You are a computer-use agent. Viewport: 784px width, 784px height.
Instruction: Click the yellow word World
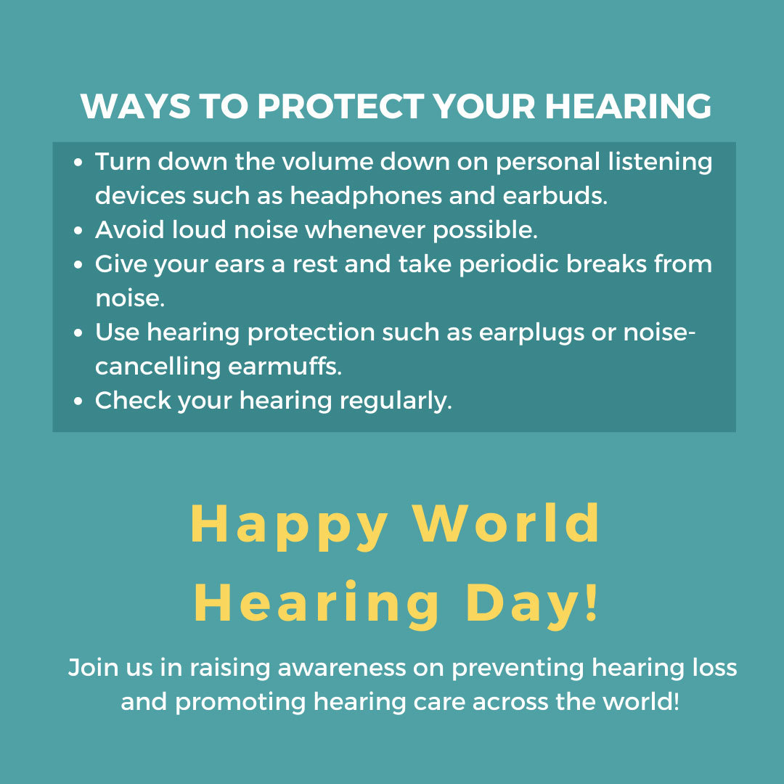coord(507,523)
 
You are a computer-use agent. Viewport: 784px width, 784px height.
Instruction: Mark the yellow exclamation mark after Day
coord(592,603)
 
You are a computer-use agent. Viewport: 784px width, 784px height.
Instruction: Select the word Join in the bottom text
coord(91,668)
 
